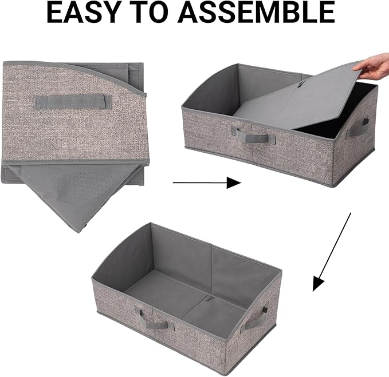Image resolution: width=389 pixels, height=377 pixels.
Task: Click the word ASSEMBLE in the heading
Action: tap(256, 13)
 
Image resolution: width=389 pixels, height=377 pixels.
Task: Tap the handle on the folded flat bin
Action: tap(73, 102)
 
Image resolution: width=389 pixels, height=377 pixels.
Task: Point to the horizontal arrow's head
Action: tap(234, 183)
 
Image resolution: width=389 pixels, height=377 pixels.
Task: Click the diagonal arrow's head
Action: tap(318, 284)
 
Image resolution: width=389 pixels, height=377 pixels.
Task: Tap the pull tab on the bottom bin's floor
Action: tap(210, 299)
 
